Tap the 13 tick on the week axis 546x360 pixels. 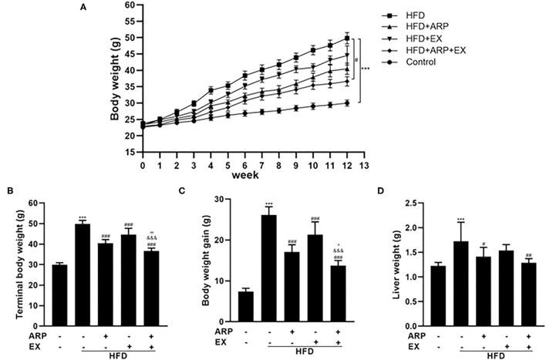pyautogui.click(x=366, y=164)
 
